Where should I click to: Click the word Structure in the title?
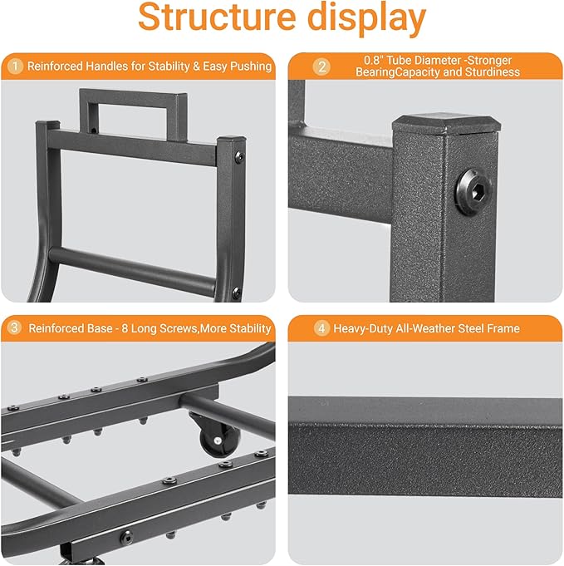pyautogui.click(x=217, y=17)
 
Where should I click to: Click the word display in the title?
pyautogui.click(x=367, y=19)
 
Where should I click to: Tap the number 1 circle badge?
pyautogui.click(x=15, y=66)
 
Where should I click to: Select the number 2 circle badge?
pyautogui.click(x=321, y=66)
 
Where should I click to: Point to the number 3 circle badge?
pyautogui.click(x=15, y=328)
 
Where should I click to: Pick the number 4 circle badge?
pyautogui.click(x=321, y=328)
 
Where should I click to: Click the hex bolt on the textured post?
pyautogui.click(x=473, y=192)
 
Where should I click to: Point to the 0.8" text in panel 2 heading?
pyautogui.click(x=374, y=60)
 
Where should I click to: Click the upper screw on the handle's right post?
pyautogui.click(x=239, y=157)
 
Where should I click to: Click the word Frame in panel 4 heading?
pyautogui.click(x=503, y=328)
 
